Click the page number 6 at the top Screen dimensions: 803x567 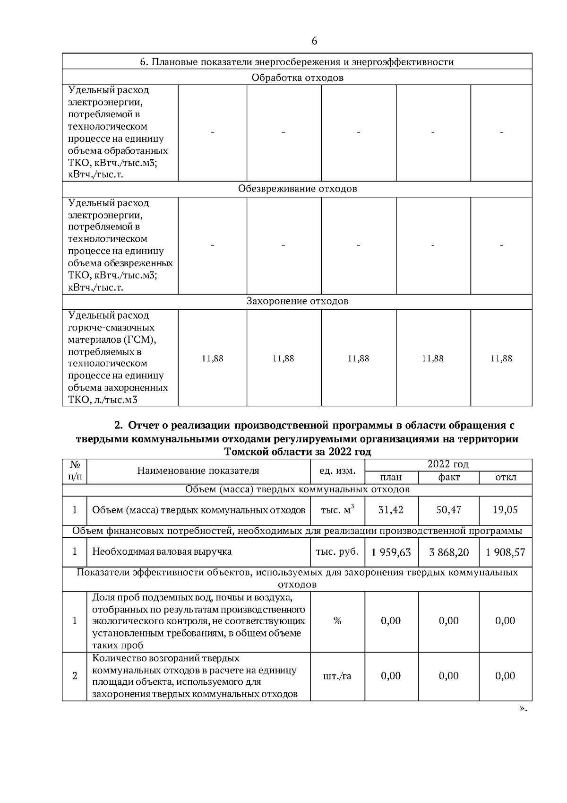click(x=314, y=41)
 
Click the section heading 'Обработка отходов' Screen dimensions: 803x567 click(x=297, y=78)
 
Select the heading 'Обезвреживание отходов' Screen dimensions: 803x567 click(x=297, y=189)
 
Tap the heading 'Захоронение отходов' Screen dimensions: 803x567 click(x=297, y=301)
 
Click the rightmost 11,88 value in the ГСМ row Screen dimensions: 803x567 click(x=501, y=358)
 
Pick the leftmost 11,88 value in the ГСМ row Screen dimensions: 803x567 click(x=213, y=358)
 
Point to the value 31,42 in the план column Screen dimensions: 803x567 click(x=391, y=510)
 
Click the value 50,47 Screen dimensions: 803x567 click(x=448, y=510)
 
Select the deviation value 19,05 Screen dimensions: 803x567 click(x=505, y=510)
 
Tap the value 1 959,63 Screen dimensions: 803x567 click(x=391, y=552)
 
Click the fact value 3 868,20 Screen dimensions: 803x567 click(x=448, y=552)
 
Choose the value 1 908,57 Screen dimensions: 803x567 click(x=505, y=552)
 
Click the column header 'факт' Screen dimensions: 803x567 click(x=448, y=477)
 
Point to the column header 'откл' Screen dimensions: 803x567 click(x=505, y=477)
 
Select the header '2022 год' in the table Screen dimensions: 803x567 click(x=448, y=464)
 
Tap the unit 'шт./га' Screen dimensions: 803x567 click(x=337, y=676)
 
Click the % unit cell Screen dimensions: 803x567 click(x=337, y=621)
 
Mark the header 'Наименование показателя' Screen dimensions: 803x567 click(x=198, y=471)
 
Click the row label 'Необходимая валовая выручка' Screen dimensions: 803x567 click(x=162, y=551)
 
